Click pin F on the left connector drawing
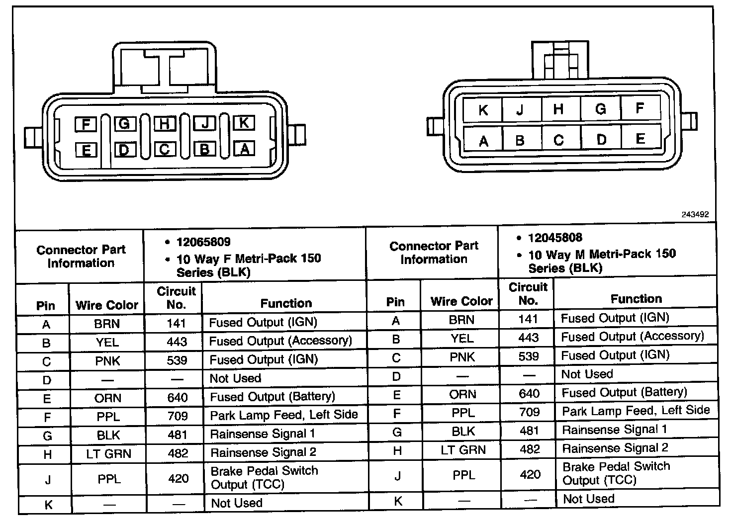tap(86, 124)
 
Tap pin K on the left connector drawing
tap(244, 122)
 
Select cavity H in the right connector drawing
tap(558, 108)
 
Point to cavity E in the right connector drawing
tap(640, 139)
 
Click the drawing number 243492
tap(695, 215)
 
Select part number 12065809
tap(203, 242)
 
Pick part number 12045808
tap(555, 238)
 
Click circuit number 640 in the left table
tap(178, 397)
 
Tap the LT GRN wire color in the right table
tap(462, 450)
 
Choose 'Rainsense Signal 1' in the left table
tap(263, 434)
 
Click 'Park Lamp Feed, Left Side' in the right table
tap(636, 411)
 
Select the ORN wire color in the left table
tap(108, 398)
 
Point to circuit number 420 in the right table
tap(530, 474)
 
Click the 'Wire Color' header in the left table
tap(106, 305)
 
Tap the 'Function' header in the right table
tap(636, 299)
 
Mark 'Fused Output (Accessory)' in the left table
tap(280, 341)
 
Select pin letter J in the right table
tap(397, 476)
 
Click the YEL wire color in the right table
tap(462, 339)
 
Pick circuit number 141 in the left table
tap(176, 323)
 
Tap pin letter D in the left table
tap(47, 380)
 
